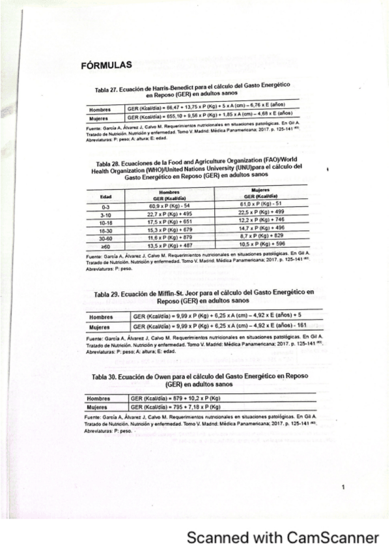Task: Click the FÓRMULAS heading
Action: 105,65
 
